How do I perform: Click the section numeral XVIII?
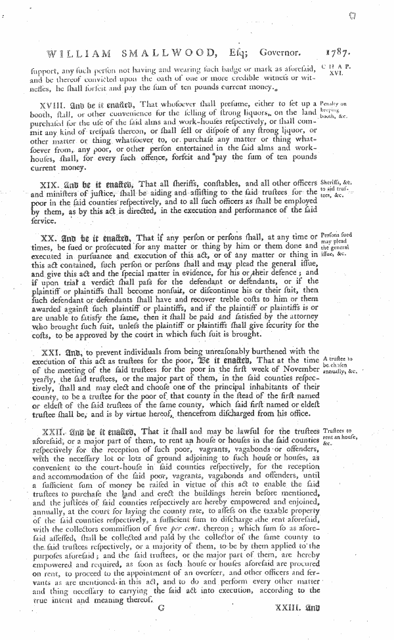50,104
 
